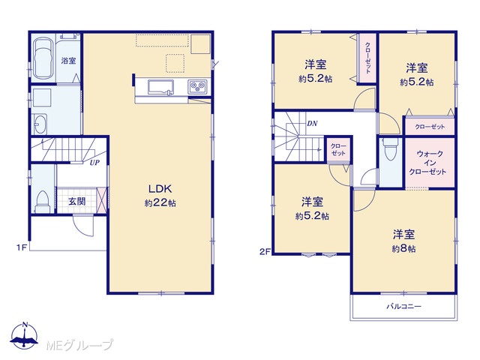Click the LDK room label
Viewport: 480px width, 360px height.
coord(160,189)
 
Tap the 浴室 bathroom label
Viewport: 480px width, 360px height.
coord(68,61)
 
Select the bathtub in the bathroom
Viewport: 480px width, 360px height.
coord(43,58)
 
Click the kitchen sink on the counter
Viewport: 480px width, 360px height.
coord(160,87)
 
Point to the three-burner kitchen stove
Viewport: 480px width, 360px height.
coord(198,86)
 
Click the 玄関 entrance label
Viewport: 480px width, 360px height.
coord(76,202)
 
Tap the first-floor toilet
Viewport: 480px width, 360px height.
coord(43,202)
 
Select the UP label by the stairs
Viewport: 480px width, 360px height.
coord(94,163)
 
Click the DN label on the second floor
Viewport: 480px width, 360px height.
coord(312,123)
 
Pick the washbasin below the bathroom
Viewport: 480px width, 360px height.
coord(40,124)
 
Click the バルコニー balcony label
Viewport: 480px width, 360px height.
coord(403,306)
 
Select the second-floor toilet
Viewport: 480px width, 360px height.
coord(391,149)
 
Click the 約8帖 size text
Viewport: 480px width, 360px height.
coord(403,249)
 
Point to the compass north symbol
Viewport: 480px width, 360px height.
coord(25,335)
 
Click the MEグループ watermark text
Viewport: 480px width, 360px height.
coord(79,345)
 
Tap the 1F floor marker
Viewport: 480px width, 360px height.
coord(22,247)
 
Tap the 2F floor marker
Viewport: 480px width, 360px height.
coord(265,252)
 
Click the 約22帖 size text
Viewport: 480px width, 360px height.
coord(160,203)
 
